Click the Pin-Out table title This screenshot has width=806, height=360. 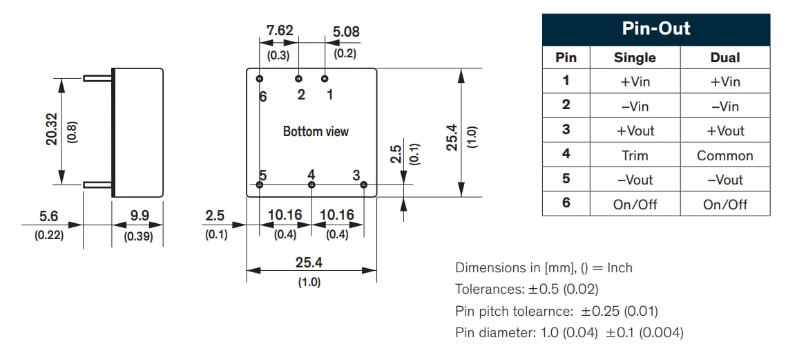coord(655,29)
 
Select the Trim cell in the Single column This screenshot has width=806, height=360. coord(635,155)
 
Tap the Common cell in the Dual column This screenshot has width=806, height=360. coord(725,155)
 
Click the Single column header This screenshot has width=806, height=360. coord(635,58)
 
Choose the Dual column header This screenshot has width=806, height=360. coord(725,58)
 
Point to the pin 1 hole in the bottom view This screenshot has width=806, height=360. coord(325,79)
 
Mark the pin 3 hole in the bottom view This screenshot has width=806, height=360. coord(364,184)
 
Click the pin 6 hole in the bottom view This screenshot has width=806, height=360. coord(260,79)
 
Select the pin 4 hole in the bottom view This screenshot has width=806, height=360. coord(311,184)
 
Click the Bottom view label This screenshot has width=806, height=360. coord(316,131)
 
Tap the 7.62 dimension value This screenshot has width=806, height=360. coord(280,31)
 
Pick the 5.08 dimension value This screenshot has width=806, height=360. coord(345,32)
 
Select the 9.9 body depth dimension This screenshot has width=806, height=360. coord(140,216)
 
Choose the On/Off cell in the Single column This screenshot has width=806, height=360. coord(635,205)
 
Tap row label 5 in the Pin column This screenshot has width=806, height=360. coord(566,179)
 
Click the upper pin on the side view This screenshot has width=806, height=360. coord(97,78)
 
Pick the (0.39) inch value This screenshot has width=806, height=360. coord(139,236)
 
